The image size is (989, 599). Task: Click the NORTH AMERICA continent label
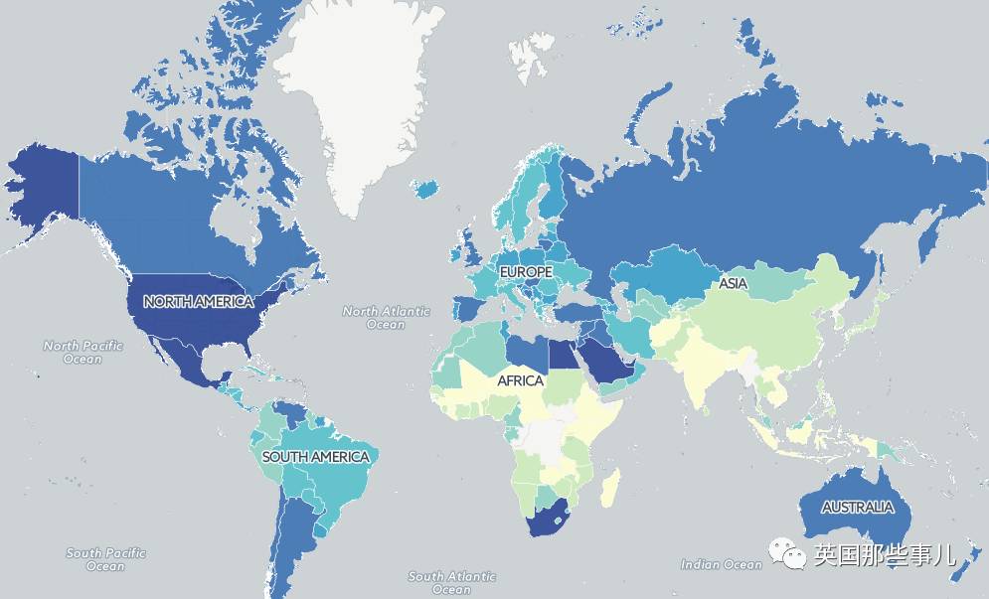pos(198,301)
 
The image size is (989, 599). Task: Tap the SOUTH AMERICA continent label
pos(315,457)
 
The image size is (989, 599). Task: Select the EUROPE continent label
pos(525,271)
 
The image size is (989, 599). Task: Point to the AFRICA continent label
pos(520,380)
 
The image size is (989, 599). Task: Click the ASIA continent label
pos(733,284)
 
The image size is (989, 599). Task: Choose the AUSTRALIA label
pos(857,507)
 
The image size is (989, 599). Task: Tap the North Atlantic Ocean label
pos(386,317)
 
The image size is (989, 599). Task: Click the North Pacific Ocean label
pos(83,352)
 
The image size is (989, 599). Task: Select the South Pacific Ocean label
pos(105,559)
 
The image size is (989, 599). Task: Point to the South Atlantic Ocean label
pos(452,582)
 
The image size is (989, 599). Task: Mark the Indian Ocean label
pos(721,564)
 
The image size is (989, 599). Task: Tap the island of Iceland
pos(428,188)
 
